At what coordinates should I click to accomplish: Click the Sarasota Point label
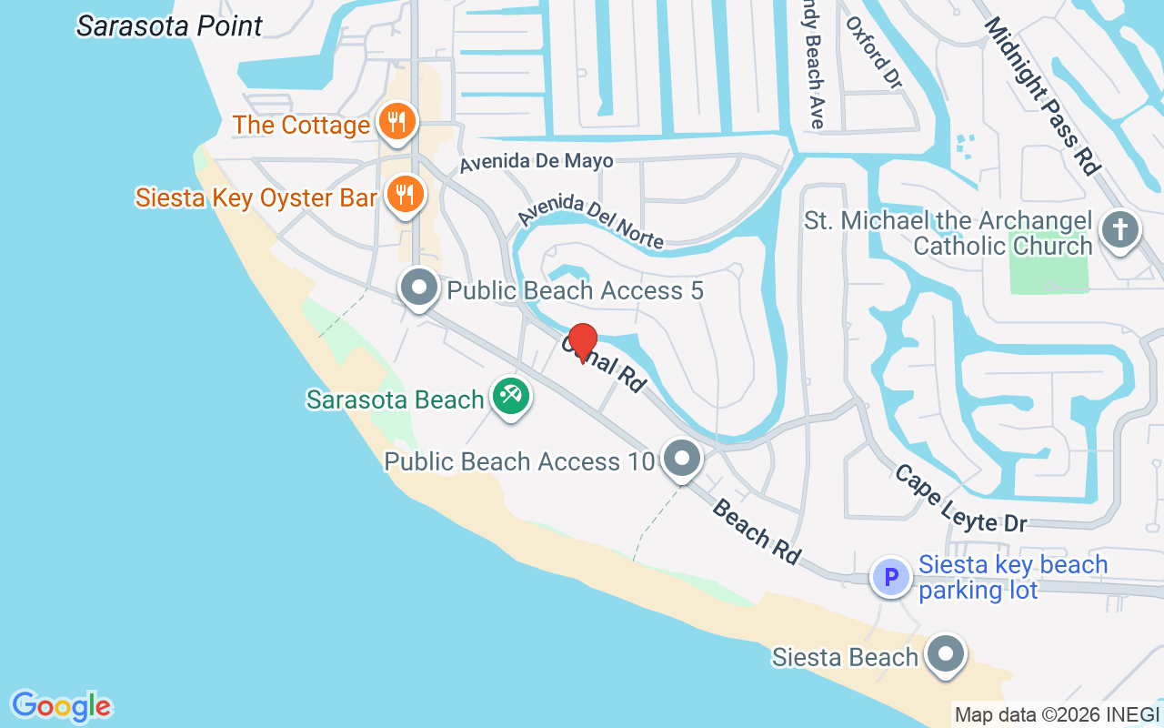(169, 25)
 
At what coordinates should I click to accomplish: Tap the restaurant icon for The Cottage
(396, 122)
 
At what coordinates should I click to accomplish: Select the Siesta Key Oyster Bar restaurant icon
(405, 195)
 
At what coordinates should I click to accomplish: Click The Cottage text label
(301, 125)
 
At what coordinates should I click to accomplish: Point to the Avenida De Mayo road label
(536, 162)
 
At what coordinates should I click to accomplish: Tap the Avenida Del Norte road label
(591, 221)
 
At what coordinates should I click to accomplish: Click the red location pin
(582, 342)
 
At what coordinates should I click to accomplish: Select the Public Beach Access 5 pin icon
(419, 288)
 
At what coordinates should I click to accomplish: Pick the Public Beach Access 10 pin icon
(681, 460)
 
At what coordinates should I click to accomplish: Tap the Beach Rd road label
(756, 531)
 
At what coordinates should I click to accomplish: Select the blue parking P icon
(891, 577)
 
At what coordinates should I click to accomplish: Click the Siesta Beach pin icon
(946, 654)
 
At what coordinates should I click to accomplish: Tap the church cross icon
(1119, 231)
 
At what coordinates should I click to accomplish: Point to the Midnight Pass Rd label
(1042, 96)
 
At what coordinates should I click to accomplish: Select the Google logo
(62, 706)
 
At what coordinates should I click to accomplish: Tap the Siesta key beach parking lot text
(1012, 577)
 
